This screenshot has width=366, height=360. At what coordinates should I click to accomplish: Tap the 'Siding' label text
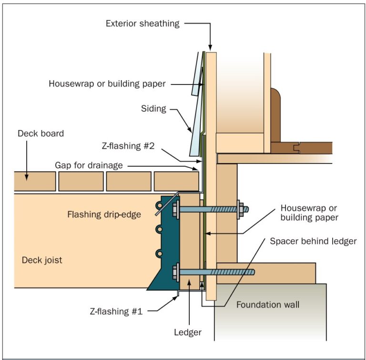coord(153,109)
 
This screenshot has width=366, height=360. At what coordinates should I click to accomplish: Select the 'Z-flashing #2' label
coord(127,145)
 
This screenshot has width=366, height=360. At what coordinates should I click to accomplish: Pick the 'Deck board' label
coord(40,134)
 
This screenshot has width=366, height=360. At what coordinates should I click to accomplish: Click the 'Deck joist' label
coord(42,260)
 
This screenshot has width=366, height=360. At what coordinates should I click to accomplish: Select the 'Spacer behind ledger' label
coord(313,241)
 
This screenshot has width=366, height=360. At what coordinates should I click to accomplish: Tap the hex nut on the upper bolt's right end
coord(241,208)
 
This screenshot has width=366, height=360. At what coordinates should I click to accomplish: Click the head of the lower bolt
coord(176,272)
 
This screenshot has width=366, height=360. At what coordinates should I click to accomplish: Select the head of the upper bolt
coord(176,208)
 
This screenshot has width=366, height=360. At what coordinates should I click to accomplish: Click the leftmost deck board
coord(35,181)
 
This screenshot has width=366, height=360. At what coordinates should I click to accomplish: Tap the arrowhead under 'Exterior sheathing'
coord(210,48)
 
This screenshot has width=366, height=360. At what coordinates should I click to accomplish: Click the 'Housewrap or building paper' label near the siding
coord(107,84)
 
